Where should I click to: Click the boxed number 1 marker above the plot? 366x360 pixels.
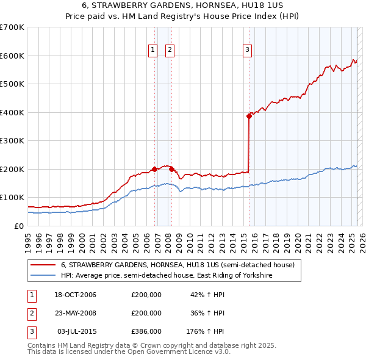click(152, 51)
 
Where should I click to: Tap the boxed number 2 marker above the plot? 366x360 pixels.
click(169, 51)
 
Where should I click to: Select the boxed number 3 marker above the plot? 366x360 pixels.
click(247, 51)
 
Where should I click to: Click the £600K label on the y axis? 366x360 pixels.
click(12, 56)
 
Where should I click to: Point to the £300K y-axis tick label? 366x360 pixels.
click(12, 140)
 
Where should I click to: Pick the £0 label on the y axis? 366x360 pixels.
click(20, 226)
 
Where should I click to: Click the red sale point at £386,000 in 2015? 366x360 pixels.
click(249, 116)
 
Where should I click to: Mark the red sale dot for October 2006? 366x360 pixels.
click(155, 169)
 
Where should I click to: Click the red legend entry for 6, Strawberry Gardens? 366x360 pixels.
click(178, 265)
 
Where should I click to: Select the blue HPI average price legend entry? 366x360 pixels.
click(166, 276)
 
